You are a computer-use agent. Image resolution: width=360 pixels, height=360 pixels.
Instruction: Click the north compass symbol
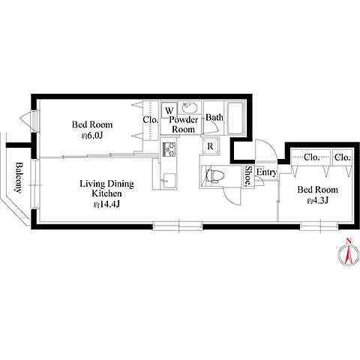click(x=349, y=253)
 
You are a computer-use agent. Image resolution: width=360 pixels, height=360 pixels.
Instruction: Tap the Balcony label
click(x=18, y=177)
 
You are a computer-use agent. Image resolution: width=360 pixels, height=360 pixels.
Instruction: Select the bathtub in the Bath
click(x=235, y=118)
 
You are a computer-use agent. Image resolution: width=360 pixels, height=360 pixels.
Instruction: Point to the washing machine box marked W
click(x=169, y=110)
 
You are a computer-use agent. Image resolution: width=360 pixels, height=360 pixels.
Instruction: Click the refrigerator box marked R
click(x=211, y=146)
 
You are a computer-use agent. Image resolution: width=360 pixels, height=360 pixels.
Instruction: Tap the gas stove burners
click(x=169, y=149)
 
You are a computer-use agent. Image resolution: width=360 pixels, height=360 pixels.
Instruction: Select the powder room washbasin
click(x=190, y=108)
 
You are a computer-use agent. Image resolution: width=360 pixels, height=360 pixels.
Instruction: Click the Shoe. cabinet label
click(x=248, y=176)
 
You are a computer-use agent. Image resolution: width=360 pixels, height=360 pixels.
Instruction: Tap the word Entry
click(x=266, y=172)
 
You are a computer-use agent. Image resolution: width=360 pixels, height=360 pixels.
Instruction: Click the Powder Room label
click(x=184, y=124)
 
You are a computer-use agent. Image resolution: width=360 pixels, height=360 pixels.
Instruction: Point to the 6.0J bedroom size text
click(x=92, y=136)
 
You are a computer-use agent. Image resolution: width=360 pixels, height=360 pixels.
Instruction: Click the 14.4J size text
click(x=106, y=205)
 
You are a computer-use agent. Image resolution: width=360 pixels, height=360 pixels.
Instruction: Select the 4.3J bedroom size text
click(x=317, y=200)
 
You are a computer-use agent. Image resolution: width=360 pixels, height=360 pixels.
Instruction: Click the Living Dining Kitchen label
click(x=106, y=188)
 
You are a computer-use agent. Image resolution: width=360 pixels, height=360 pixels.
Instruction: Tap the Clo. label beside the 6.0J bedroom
click(x=151, y=120)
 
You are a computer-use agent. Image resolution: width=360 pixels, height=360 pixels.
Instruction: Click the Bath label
click(x=214, y=117)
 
